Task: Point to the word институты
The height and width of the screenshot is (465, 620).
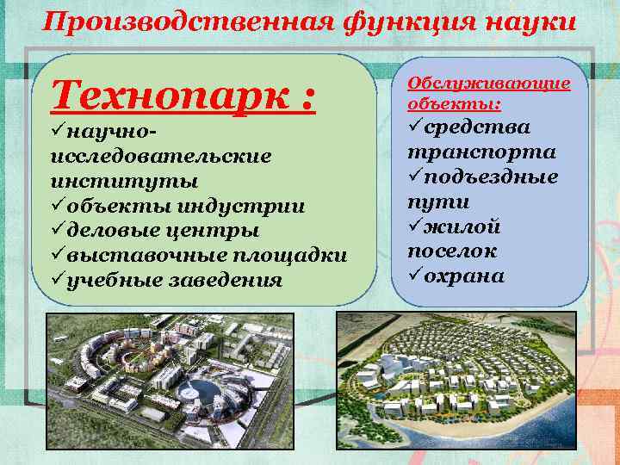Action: click(124, 182)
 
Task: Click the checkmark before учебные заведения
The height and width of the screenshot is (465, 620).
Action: click(58, 280)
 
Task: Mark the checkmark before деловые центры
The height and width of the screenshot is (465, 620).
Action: click(58, 231)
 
